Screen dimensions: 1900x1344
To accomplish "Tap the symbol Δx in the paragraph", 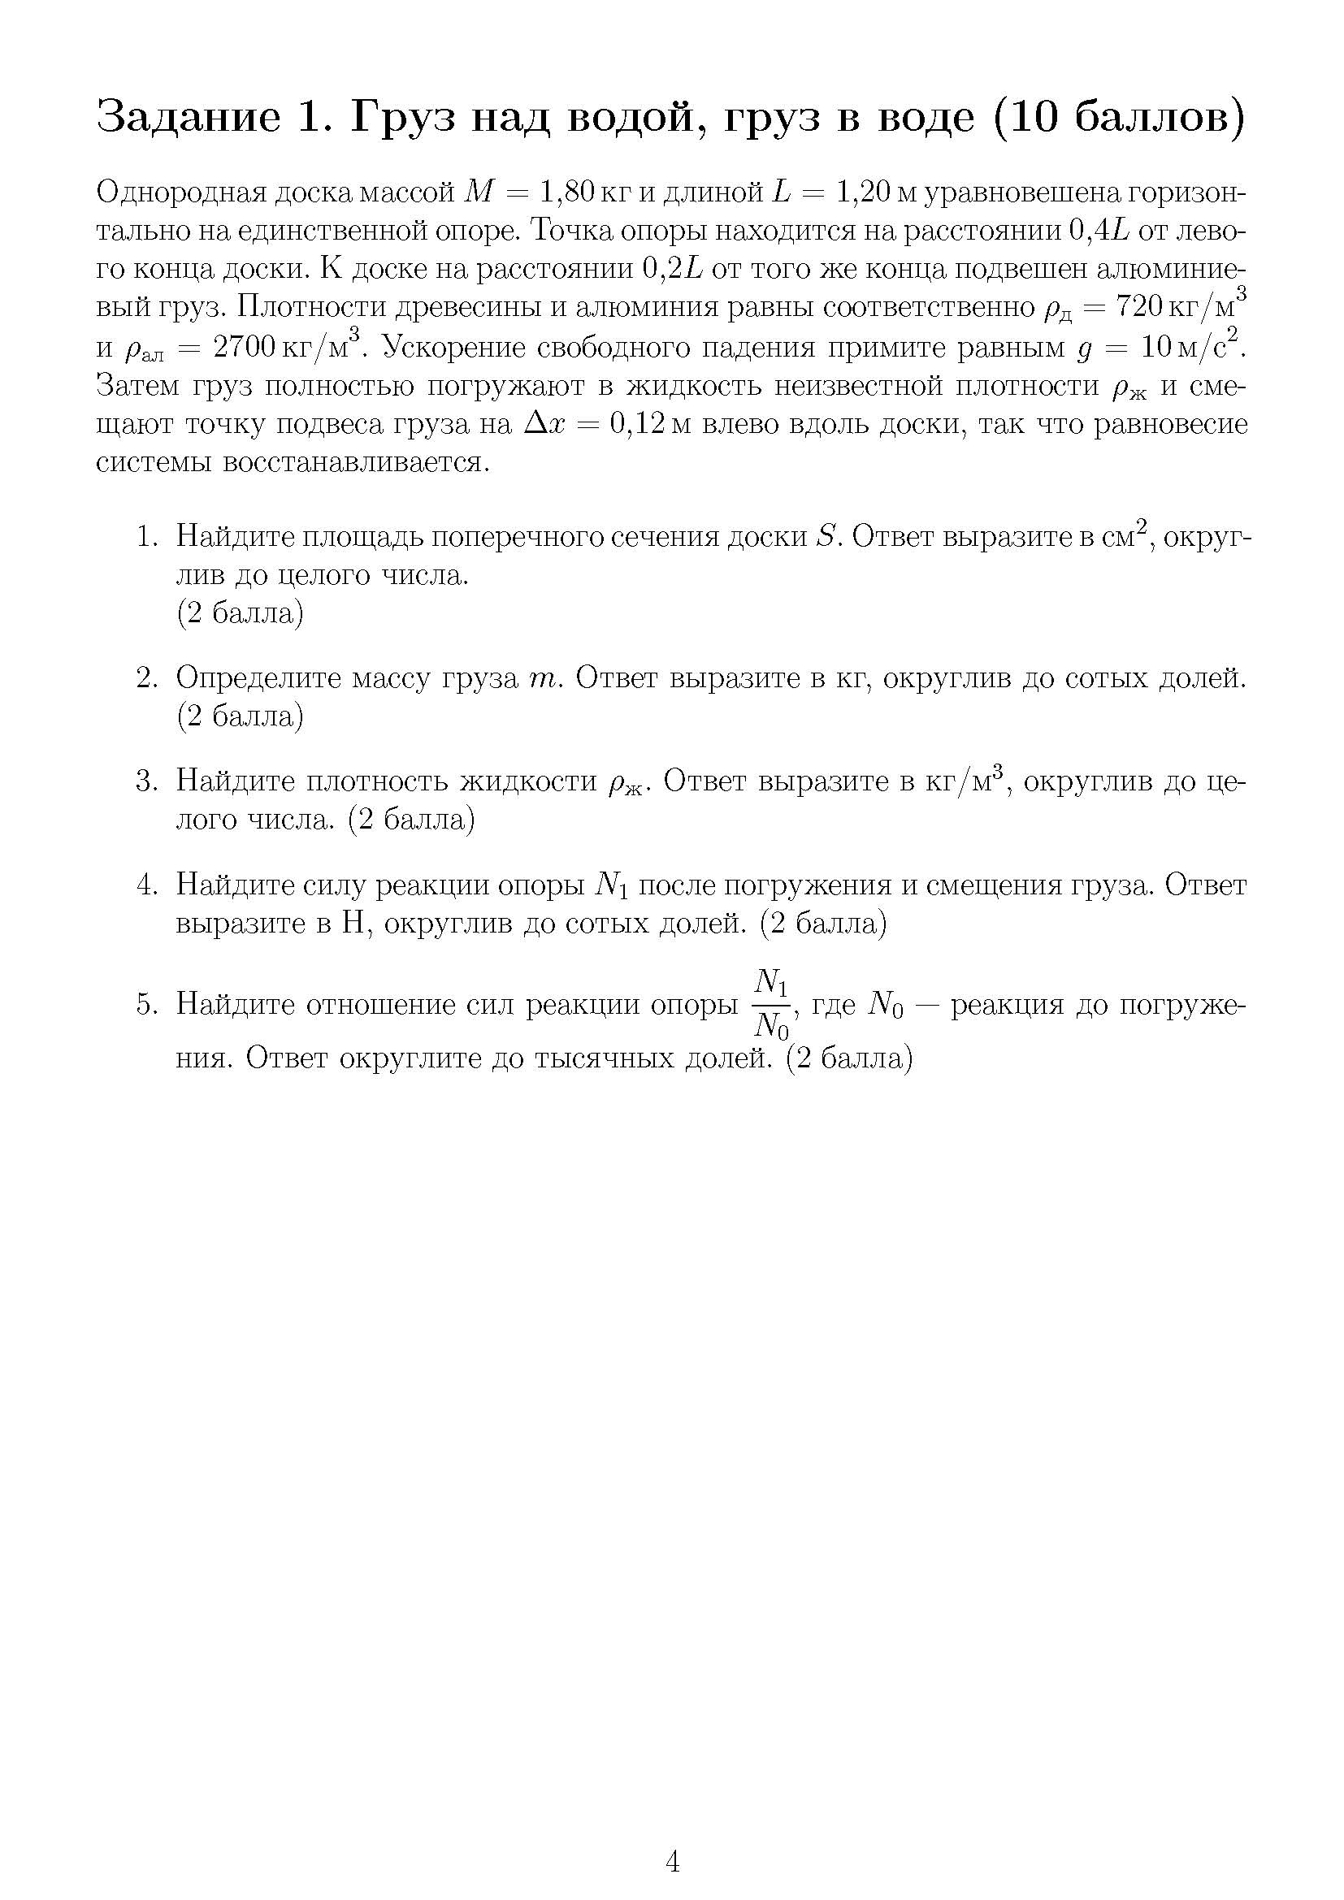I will pyautogui.click(x=548, y=425).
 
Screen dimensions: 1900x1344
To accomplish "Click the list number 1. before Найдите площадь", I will pyautogui.click(x=146, y=537).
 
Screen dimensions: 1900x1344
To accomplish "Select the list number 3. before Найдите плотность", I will pyautogui.click(x=146, y=781).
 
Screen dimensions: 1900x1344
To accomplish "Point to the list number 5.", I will pyautogui.click(x=146, y=1005).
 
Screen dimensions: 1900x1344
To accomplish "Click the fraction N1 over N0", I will pyautogui.click(x=772, y=1005).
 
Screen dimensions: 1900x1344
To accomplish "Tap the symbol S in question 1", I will pyautogui.click(x=825, y=537).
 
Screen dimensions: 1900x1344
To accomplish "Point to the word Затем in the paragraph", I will pyautogui.click(x=137, y=387).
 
